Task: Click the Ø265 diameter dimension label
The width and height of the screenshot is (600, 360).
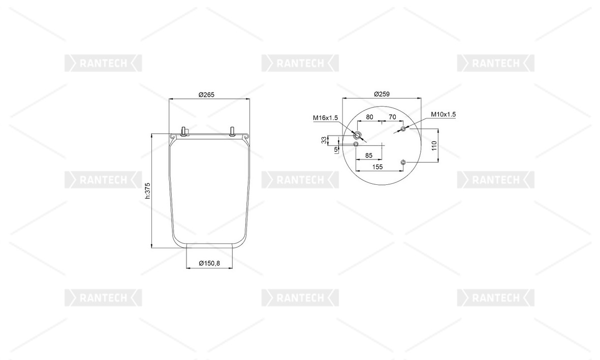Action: pyautogui.click(x=206, y=94)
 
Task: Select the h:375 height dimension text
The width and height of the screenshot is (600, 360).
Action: pyautogui.click(x=148, y=190)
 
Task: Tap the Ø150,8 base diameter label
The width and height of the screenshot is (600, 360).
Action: pyautogui.click(x=209, y=263)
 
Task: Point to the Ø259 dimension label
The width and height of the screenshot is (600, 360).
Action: pyautogui.click(x=382, y=94)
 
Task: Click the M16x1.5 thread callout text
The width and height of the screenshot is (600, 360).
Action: pyautogui.click(x=325, y=118)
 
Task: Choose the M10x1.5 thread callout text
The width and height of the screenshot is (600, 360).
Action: pyautogui.click(x=443, y=114)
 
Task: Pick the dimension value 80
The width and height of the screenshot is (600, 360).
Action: pyautogui.click(x=369, y=117)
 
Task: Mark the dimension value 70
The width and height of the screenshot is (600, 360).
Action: pyautogui.click(x=392, y=117)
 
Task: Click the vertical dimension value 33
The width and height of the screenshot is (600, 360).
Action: pyautogui.click(x=324, y=140)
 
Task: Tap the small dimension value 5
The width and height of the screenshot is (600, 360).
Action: pyautogui.click(x=336, y=150)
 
